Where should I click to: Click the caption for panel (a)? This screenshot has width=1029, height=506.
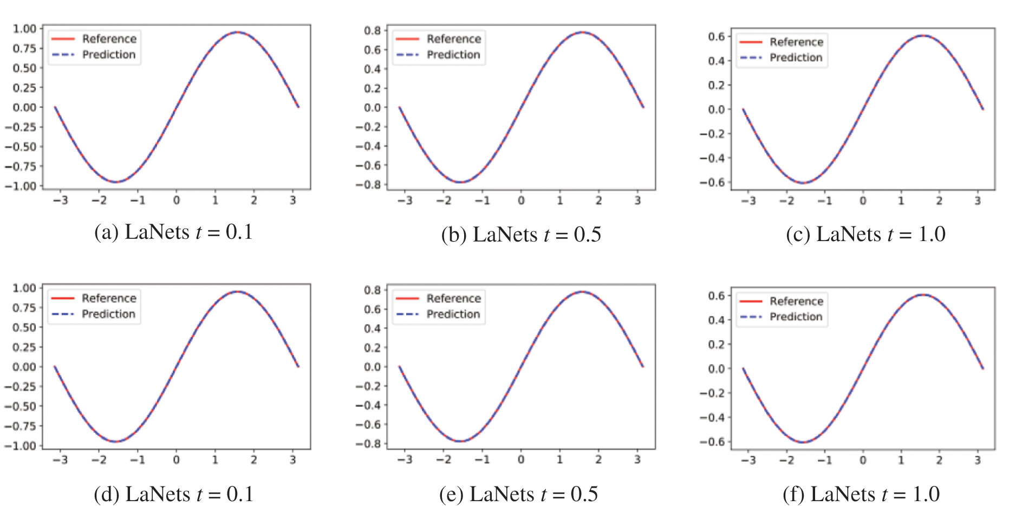[173, 232]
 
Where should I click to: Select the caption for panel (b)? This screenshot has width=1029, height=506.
[521, 234]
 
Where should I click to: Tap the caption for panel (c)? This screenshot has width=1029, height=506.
[865, 234]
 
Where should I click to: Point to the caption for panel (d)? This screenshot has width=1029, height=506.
[173, 494]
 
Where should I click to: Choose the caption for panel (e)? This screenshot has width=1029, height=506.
[519, 494]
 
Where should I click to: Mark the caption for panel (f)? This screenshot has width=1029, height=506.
[861, 494]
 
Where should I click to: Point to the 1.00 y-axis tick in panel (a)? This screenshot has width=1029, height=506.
[25, 29]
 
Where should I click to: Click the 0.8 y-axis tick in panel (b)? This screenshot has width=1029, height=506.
[373, 30]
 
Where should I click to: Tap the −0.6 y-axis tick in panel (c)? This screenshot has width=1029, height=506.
[712, 182]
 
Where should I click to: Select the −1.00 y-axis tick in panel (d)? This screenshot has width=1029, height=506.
[21, 446]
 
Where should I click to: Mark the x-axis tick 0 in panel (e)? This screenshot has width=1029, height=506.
[521, 459]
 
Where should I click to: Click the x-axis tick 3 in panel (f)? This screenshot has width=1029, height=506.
[978, 459]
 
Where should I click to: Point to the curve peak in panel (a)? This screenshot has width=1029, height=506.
[237, 32]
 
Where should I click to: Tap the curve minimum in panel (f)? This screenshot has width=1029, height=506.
[803, 442]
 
